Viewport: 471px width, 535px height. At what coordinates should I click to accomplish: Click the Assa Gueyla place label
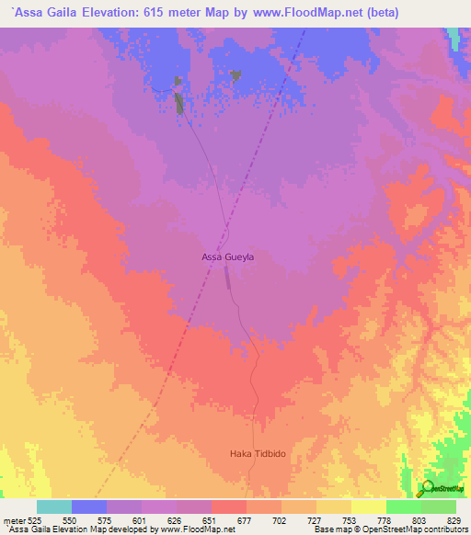(x=227, y=257)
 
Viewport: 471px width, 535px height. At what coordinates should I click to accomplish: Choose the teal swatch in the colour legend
(x=54, y=507)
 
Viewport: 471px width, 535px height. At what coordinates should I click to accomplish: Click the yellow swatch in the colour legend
(x=368, y=507)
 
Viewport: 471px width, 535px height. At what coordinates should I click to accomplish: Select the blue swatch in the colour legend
(x=89, y=507)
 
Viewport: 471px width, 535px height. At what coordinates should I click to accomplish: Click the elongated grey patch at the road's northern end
(x=179, y=103)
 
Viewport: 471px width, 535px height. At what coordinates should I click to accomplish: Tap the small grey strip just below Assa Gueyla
(x=227, y=282)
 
